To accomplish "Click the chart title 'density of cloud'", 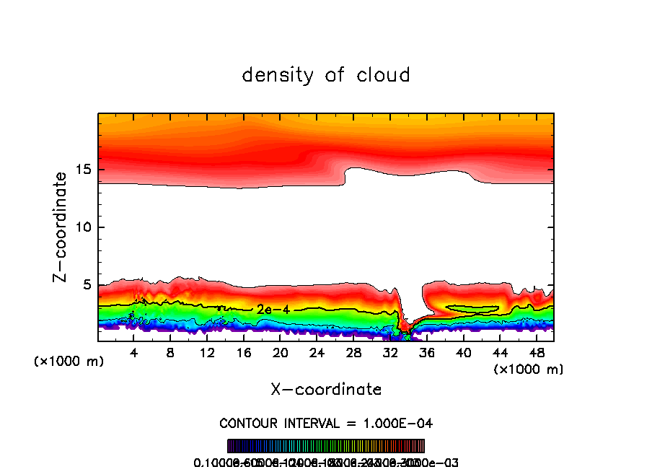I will (326, 75).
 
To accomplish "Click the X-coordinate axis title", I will (326, 390).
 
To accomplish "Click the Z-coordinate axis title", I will (61, 227).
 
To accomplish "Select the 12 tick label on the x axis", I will (208, 353).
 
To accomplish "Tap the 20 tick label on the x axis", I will (281, 353).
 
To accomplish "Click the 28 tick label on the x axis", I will (353, 353).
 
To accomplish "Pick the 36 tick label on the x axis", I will (426, 353).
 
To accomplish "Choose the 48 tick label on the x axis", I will (536, 353).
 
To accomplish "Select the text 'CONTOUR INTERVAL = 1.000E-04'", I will (326, 423).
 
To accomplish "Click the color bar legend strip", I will (326, 446).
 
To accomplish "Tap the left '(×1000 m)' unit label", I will (69, 362).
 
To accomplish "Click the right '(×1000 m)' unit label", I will (529, 370).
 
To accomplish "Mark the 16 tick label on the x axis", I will (244, 353).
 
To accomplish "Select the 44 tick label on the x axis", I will (499, 353).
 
